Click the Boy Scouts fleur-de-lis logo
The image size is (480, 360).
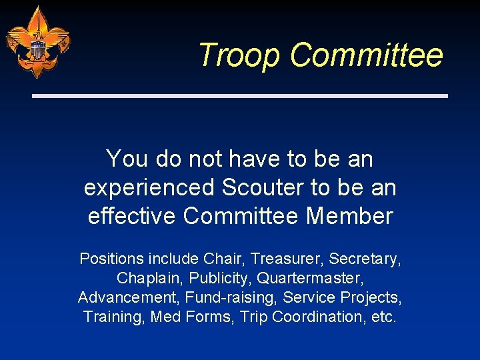coord(37,41)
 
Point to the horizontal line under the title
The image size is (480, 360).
coord(240,96)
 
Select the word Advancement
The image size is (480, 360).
coord(129,297)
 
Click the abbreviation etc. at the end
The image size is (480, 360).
coord(383,317)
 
